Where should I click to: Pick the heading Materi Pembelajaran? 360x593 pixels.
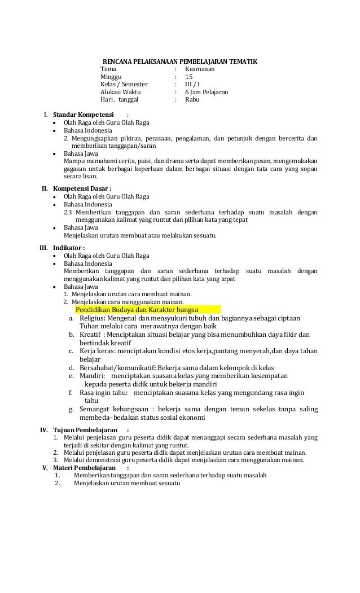pos(85,468)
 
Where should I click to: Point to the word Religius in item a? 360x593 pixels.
pos(93,318)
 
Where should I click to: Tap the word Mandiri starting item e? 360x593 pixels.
pos(93,376)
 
